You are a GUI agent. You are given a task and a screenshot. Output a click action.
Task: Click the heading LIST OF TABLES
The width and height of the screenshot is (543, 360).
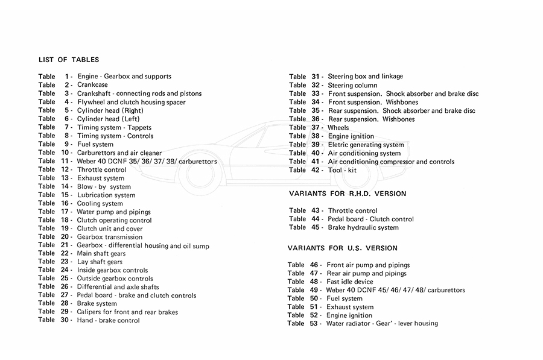point(69,60)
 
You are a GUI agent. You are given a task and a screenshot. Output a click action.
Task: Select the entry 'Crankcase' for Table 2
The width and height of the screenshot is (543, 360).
point(92,85)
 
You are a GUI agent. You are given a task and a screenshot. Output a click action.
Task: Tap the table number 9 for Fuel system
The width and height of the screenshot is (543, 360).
point(67,144)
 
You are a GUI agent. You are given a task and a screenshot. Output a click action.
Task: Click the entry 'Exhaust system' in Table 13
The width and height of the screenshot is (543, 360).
point(101,178)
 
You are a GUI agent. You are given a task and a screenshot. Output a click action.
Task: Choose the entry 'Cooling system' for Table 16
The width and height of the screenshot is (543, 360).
point(100,204)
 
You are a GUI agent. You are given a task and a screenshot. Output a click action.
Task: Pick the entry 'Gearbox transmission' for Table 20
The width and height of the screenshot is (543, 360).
point(110,237)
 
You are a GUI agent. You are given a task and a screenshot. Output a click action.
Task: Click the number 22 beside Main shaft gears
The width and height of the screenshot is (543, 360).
point(66,254)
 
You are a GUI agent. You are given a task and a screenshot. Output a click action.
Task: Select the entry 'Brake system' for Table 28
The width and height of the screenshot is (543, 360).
point(97,304)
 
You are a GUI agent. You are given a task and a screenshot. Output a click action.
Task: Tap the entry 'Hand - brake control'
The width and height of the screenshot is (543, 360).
point(108,321)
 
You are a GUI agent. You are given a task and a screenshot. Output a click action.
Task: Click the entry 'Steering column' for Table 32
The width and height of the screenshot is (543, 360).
point(352,86)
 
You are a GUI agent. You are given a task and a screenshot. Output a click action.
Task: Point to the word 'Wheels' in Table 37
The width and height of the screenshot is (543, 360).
point(338,128)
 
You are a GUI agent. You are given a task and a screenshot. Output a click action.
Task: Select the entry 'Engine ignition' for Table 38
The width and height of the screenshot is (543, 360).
point(351,136)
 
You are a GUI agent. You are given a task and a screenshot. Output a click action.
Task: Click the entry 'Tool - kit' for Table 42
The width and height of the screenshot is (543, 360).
point(342,170)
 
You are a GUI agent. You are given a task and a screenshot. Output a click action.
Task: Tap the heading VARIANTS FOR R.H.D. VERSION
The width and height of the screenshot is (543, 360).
point(347,194)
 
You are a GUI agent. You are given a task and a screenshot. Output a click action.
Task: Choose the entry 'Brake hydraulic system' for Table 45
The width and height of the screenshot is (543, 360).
point(363,227)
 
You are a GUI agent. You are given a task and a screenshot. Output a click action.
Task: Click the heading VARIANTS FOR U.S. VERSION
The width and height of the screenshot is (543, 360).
point(343,248)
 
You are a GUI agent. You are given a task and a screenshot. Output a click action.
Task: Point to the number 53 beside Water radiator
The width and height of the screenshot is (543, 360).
point(314,324)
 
